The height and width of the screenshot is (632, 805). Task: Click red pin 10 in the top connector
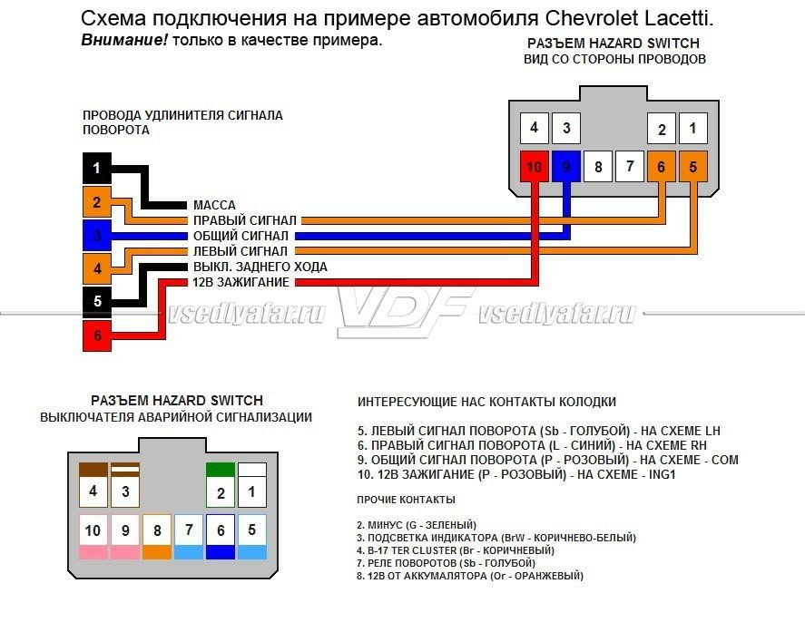point(535,167)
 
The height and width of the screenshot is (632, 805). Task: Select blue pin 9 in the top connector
point(566,167)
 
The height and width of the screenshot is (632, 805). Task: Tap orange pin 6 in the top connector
point(662,167)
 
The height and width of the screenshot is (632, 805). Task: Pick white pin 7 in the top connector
point(630,167)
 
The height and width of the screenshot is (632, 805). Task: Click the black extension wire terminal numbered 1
point(97,168)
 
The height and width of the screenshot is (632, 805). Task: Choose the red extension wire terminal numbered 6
point(97,335)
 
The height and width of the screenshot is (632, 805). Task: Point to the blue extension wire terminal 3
point(97,235)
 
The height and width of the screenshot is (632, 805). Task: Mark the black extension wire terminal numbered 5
point(97,301)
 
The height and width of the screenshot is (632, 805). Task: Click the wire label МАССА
point(214,206)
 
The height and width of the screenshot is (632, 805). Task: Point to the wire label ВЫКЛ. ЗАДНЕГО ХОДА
point(260,267)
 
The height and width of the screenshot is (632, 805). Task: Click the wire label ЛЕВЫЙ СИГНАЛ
point(241,251)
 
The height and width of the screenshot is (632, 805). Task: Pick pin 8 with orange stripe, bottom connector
point(157,536)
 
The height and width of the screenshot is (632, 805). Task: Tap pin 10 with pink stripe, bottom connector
point(93,536)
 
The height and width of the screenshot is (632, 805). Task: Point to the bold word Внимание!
point(124,41)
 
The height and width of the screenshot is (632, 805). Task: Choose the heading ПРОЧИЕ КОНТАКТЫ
point(407,500)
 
